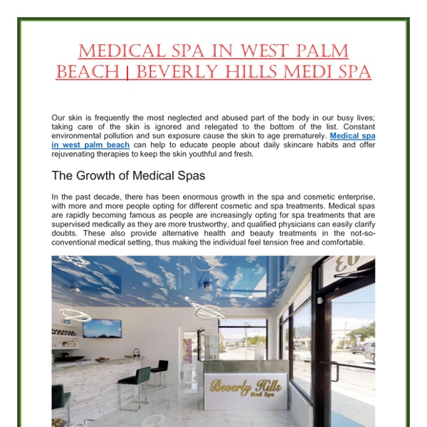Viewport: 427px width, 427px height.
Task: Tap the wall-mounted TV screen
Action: (x=102, y=328)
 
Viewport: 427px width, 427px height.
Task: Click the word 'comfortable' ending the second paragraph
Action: (x=334, y=241)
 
